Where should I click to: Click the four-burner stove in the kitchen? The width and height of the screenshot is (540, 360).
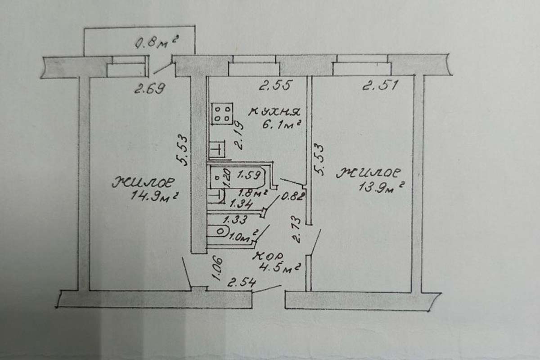[222, 114]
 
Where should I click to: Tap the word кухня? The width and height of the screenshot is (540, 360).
[274, 112]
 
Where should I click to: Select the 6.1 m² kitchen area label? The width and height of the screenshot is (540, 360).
[282, 125]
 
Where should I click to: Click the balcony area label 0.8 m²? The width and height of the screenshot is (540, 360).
[157, 42]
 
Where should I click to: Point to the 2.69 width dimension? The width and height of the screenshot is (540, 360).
[150, 88]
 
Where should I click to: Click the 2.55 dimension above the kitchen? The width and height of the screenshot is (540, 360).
[276, 85]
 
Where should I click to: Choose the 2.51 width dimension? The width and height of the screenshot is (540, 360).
[380, 85]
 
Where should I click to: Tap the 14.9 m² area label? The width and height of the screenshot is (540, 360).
[154, 196]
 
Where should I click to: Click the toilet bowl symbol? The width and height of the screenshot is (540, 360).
[218, 231]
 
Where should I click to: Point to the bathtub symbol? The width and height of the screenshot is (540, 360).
[238, 178]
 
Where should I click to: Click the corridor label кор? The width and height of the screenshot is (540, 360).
[268, 256]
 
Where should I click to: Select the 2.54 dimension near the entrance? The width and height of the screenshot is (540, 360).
[241, 283]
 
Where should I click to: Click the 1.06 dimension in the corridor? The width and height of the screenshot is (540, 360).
[218, 269]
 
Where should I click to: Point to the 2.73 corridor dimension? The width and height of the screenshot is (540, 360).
[296, 230]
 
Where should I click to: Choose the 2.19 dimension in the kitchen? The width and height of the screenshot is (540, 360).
[238, 136]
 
